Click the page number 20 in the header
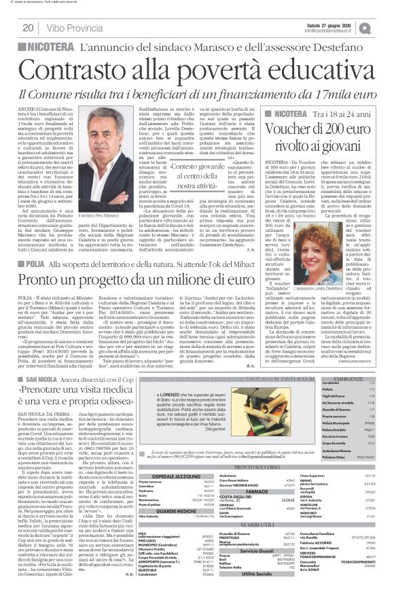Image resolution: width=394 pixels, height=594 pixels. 28,27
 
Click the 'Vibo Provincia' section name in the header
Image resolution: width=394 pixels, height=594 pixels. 73,28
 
